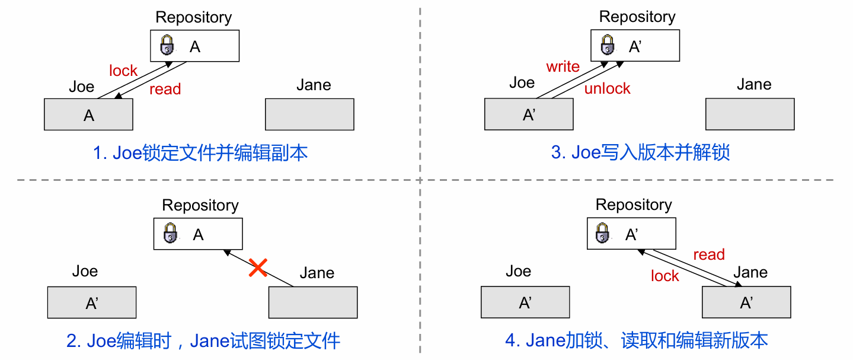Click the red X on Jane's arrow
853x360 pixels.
[x=257, y=267]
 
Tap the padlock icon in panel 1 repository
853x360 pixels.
[x=168, y=46]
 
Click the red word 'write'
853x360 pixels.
[x=563, y=66]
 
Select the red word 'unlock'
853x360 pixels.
[x=607, y=89]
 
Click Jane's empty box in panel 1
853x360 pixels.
[x=309, y=114]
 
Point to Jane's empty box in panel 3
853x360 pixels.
[x=749, y=114]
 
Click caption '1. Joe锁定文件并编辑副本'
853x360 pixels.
[x=200, y=153]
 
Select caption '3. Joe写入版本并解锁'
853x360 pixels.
[x=640, y=152]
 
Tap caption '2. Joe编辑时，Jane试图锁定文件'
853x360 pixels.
[x=203, y=341]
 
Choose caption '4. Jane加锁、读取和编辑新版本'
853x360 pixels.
[x=636, y=340]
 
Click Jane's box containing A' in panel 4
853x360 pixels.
[x=746, y=302]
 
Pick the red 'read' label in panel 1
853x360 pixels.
[x=165, y=90]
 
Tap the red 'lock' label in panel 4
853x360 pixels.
[x=664, y=276]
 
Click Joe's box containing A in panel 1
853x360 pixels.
[x=88, y=114]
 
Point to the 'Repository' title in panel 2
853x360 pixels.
[x=200, y=205]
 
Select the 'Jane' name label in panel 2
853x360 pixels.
[x=317, y=273]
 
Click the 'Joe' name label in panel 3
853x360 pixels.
[x=522, y=83]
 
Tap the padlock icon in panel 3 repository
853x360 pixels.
[x=607, y=45]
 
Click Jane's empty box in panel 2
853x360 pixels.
[x=313, y=302]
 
